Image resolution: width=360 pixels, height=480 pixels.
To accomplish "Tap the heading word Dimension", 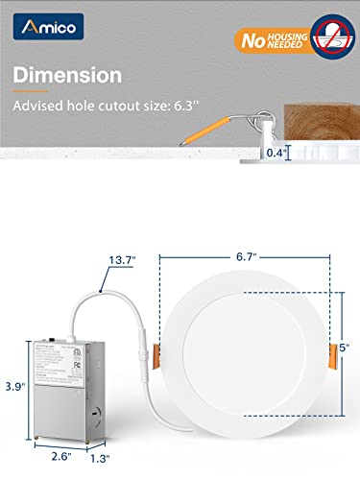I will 80,74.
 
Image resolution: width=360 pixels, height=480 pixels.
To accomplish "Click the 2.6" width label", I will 52,456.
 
